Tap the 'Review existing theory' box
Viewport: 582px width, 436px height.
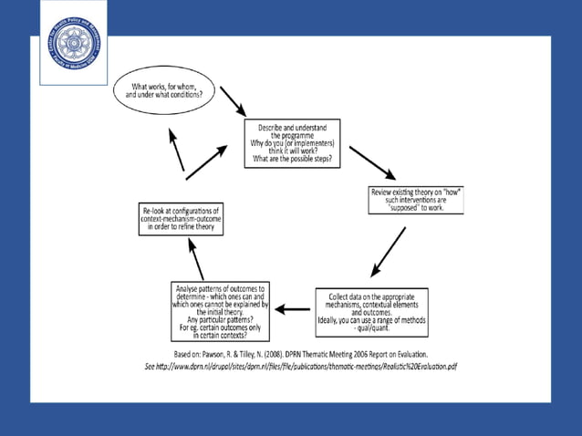(x=413, y=200)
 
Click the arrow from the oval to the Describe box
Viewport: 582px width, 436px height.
(x=233, y=102)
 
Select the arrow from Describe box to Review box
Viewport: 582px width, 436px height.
(x=372, y=162)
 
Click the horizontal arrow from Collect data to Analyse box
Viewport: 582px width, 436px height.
(x=293, y=309)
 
